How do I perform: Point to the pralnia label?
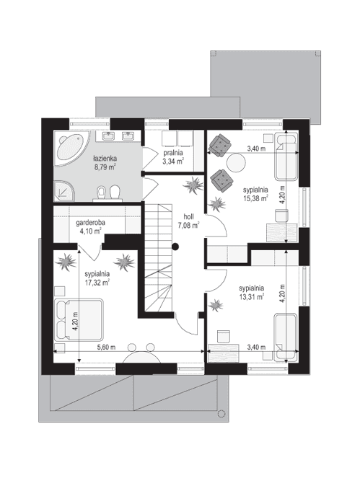coord(173,153)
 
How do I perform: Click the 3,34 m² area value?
coord(173,162)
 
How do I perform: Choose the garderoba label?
coord(91,223)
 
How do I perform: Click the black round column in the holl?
coord(175,247)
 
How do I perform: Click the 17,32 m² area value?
coord(97,283)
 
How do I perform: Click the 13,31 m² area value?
coord(251,295)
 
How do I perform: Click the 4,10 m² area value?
coord(91,232)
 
